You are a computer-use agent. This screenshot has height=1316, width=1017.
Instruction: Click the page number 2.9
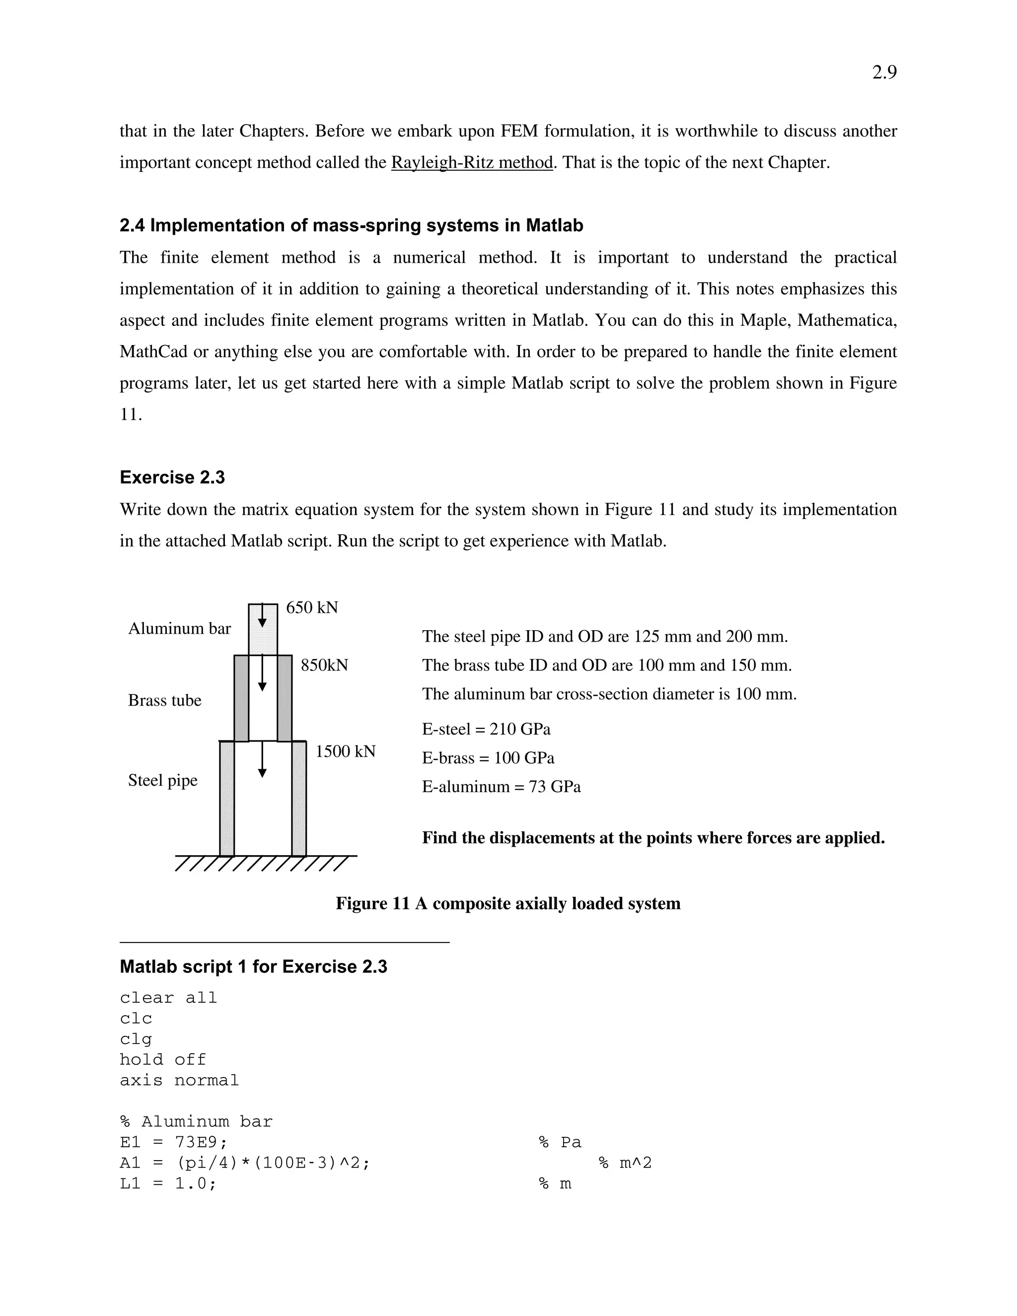(x=884, y=73)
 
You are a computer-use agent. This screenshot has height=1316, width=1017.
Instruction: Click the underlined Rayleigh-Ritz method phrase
(x=472, y=163)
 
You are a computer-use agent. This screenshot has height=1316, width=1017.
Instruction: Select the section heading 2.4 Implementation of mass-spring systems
(x=351, y=225)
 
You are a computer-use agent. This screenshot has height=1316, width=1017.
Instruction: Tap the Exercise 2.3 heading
(x=172, y=477)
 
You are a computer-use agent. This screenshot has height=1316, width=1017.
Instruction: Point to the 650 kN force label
(x=311, y=607)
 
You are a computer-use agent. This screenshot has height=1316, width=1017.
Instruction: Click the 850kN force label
(x=324, y=665)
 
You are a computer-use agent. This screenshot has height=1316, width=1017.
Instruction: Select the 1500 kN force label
(x=345, y=751)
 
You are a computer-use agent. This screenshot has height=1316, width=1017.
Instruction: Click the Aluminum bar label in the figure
(x=180, y=629)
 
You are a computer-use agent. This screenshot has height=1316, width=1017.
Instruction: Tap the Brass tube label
(x=164, y=700)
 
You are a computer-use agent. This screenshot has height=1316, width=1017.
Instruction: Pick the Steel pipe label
(x=163, y=780)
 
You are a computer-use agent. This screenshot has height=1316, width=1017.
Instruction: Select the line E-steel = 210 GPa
(x=486, y=729)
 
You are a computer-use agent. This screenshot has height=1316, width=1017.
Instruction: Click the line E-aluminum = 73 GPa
(x=501, y=787)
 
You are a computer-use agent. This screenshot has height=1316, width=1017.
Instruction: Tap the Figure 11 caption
(x=508, y=903)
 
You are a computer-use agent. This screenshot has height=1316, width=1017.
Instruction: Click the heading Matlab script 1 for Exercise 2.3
(x=254, y=966)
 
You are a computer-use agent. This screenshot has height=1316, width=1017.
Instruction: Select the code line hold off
(x=163, y=1059)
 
